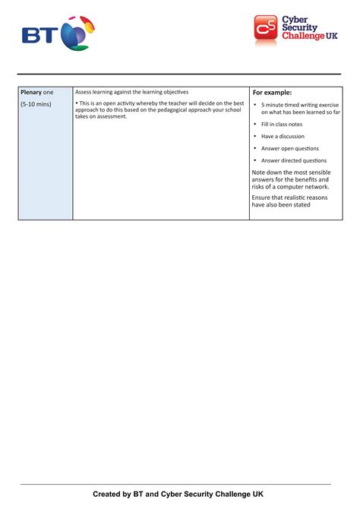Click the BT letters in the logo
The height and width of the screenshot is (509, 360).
point(39,35)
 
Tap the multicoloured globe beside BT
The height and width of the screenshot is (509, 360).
point(76,33)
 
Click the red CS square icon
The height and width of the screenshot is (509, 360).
point(266,28)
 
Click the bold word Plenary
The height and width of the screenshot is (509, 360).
point(31,92)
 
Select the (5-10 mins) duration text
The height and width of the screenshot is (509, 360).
point(36,104)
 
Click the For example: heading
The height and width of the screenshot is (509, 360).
point(272,93)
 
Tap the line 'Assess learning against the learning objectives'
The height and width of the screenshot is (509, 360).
point(131,92)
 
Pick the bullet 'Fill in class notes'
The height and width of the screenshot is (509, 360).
point(281,124)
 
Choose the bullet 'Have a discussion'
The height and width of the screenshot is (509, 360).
point(283,136)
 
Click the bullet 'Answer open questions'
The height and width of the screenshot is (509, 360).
point(289,148)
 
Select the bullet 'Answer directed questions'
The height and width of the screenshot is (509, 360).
point(293,160)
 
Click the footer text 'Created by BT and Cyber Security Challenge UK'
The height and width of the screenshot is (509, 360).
point(178,494)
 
